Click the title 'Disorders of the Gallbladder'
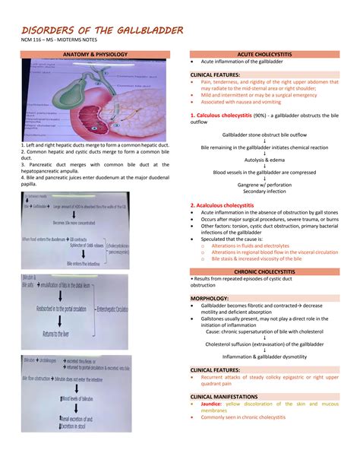pyautogui.click(x=102, y=30)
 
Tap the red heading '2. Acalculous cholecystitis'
pyautogui.click(x=222, y=205)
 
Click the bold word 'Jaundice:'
pyautogui.click(x=215, y=404)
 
